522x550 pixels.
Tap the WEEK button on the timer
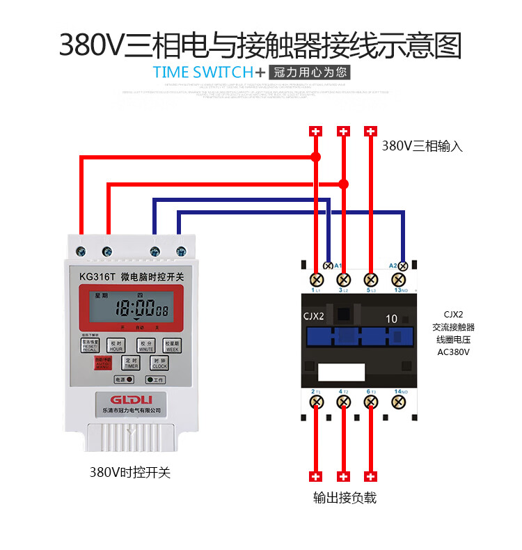172,345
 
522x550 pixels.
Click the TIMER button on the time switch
132,363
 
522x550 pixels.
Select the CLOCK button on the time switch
159,363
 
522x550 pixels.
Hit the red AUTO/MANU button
103,363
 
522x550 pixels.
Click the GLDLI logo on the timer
130,398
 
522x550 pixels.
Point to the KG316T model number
97,276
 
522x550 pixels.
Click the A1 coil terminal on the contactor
328,266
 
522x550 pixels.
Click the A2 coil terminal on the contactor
403,266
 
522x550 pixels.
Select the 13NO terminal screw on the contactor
399,279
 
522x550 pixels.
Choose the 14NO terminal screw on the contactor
399,402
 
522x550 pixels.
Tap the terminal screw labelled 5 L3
371,279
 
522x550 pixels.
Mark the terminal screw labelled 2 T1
316,402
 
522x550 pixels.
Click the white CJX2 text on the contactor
314,317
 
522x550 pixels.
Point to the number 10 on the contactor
392,318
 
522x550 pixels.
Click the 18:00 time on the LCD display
134,309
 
